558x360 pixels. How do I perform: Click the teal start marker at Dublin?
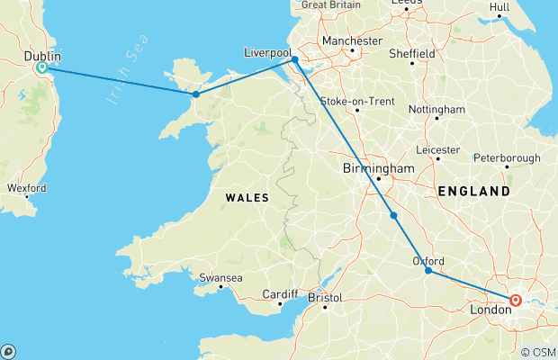40,67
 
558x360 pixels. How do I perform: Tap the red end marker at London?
516,301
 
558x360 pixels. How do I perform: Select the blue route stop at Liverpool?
294,60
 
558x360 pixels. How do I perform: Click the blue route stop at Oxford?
428,270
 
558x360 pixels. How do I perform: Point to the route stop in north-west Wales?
195,94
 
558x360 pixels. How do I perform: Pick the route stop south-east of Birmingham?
393,215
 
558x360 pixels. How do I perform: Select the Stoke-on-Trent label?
355,101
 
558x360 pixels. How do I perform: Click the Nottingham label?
436,109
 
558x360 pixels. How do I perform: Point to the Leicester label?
438,148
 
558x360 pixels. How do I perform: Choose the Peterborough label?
508,158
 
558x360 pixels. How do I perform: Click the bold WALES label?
246,196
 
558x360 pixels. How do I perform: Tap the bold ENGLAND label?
473,192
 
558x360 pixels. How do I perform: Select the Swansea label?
220,278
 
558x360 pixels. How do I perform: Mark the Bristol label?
325,297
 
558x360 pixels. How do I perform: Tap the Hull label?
524,7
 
